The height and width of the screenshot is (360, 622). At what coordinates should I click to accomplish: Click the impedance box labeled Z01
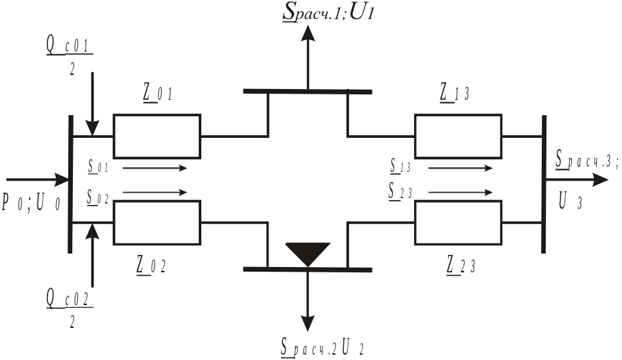click(x=157, y=134)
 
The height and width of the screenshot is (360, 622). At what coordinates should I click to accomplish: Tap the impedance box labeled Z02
click(x=157, y=223)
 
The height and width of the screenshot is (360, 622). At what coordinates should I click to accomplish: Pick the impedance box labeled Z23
click(x=458, y=223)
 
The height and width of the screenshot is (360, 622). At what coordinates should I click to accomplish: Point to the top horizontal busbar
click(x=308, y=91)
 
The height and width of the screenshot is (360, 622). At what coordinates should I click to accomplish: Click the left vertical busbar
click(x=70, y=184)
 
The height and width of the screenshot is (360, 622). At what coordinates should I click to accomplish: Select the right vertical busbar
click(x=544, y=184)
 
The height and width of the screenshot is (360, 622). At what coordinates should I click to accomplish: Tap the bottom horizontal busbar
click(x=308, y=269)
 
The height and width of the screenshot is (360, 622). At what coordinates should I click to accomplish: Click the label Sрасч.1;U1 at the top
click(x=327, y=13)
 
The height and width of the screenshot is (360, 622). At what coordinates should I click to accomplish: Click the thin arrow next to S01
click(x=154, y=168)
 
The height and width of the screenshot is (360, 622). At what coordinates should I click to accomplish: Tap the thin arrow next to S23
click(x=460, y=193)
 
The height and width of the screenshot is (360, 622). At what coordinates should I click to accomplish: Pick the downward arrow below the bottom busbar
click(x=308, y=301)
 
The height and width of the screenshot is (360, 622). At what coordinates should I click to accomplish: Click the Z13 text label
click(x=454, y=94)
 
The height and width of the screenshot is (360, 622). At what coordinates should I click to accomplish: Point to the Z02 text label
click(x=150, y=265)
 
